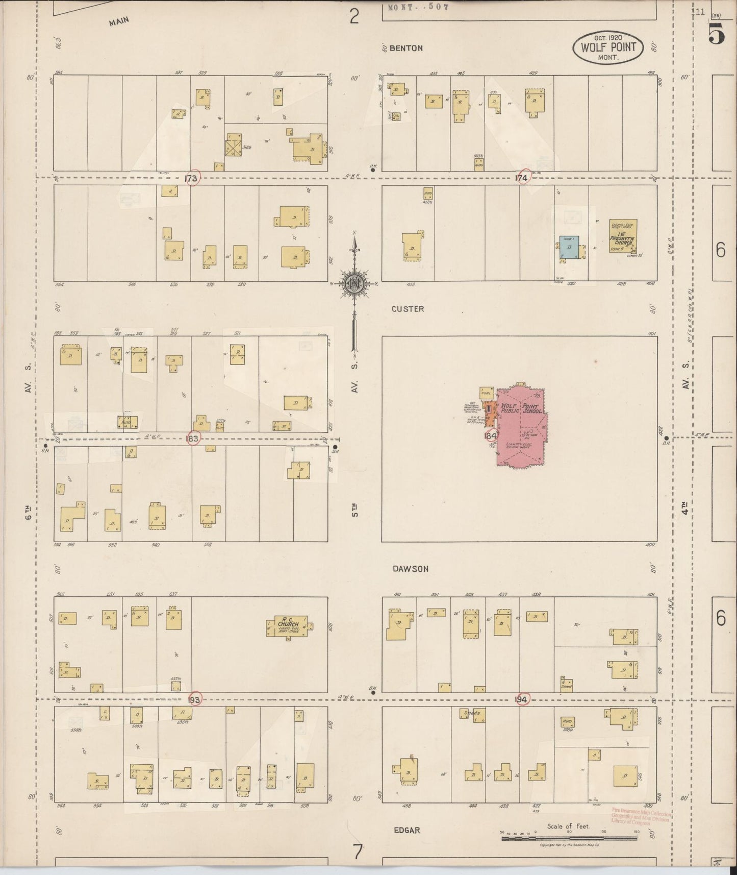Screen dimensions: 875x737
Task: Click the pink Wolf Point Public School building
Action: pos(520,429)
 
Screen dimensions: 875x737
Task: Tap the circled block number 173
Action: pos(192,178)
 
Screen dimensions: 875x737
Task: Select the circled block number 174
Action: pos(522,177)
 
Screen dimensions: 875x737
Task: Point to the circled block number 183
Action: pos(193,439)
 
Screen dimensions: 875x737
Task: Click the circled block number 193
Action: pos(194,699)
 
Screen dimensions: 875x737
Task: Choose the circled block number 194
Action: pos(521,698)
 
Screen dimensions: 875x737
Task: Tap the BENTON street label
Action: pos(406,48)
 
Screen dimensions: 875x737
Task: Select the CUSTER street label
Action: pos(408,309)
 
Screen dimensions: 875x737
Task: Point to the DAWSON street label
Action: pos(411,569)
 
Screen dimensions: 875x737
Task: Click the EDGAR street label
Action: pos(407,830)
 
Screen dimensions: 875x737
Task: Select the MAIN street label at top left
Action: pos(118,21)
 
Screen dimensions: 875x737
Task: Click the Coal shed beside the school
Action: pos(486,393)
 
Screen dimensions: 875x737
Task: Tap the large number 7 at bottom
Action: pos(357,852)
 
